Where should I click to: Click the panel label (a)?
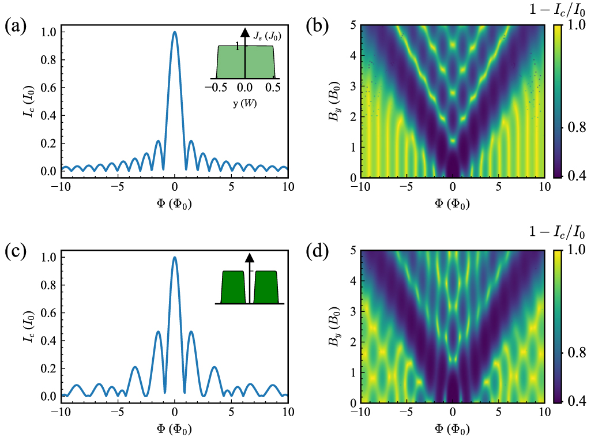(16, 27)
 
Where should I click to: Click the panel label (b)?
(319, 27)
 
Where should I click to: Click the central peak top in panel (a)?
(175, 33)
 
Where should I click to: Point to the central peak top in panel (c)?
(175, 258)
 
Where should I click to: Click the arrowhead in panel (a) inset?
(245, 33)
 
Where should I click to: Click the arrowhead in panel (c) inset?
(249, 258)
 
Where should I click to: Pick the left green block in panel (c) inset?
(233, 287)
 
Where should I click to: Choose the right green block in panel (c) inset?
(266, 287)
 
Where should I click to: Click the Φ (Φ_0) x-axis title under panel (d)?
(453, 429)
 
